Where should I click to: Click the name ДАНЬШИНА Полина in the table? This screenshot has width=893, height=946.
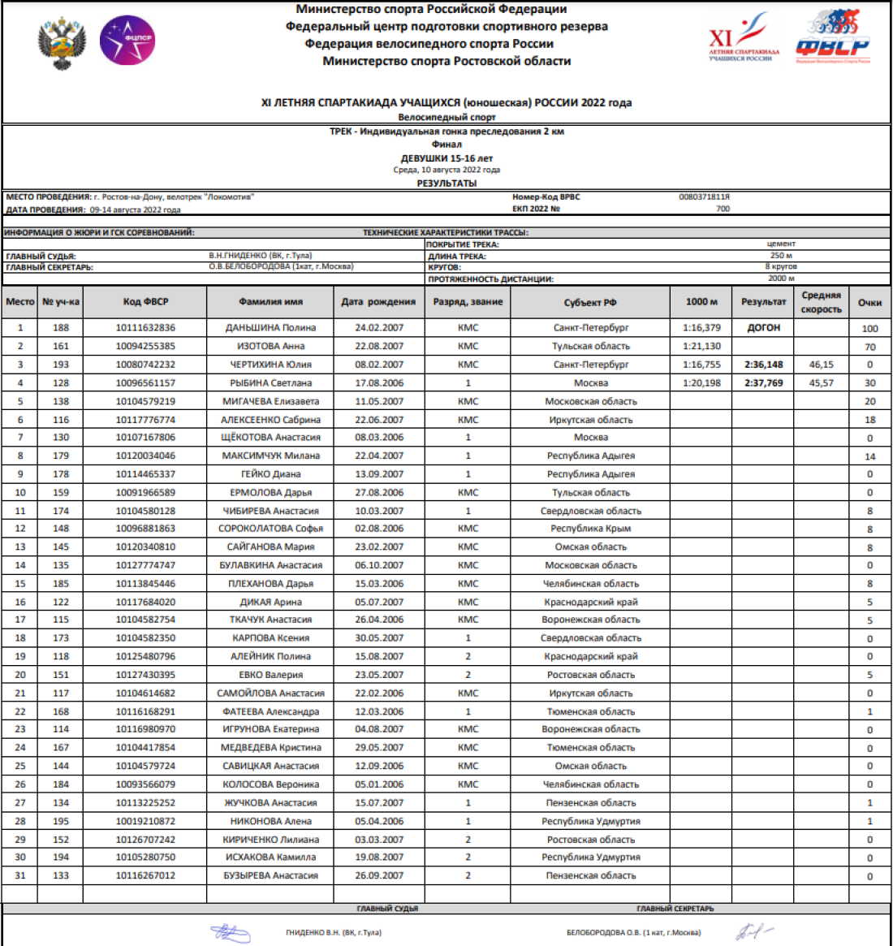coord(270,328)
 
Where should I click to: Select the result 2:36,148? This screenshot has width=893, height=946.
coord(763,365)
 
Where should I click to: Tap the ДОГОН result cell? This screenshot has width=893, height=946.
coord(763,328)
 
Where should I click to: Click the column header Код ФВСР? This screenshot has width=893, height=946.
coord(145,302)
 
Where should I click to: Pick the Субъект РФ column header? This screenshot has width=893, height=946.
coord(590,302)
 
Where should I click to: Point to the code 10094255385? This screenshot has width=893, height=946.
coord(145,346)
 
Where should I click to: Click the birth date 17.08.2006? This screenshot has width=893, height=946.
coord(378,382)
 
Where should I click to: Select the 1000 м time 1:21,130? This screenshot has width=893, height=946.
coord(701,346)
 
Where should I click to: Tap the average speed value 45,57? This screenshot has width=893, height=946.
coord(821,382)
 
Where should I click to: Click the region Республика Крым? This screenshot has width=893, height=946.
coord(590,529)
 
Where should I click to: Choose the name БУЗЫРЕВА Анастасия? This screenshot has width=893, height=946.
coord(270,875)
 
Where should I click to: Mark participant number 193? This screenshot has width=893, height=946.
coord(61,365)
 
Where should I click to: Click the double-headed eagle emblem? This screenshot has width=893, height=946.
coord(62,44)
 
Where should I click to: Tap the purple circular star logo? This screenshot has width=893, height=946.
coord(127,41)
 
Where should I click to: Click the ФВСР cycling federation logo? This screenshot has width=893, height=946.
coord(832,37)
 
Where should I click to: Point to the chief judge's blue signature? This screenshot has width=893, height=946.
coord(231,933)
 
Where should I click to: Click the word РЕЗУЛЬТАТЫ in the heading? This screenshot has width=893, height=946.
coord(446,184)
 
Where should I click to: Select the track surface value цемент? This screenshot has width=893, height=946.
coord(781,244)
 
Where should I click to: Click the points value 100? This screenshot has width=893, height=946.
coord(869,328)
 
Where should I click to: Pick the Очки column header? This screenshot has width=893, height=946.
coord(869,302)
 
